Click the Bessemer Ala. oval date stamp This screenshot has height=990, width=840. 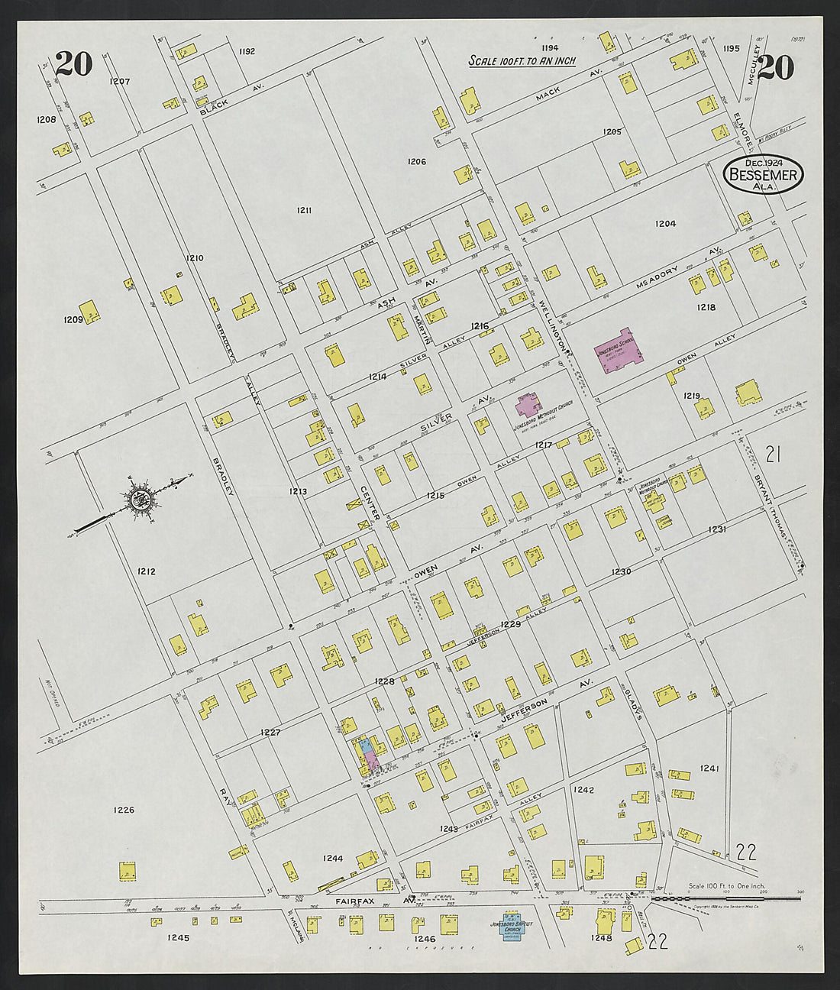[763, 174]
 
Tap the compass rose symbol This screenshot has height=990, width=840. [141, 501]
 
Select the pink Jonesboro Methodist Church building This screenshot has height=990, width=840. [528, 406]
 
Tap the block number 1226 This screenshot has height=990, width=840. [124, 810]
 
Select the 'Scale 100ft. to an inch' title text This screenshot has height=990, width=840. [522, 61]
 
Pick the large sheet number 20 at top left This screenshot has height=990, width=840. [73, 64]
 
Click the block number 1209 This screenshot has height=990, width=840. [73, 319]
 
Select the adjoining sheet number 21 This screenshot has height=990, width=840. [773, 455]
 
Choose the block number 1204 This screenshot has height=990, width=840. [665, 224]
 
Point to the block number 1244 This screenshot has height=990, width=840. [333, 858]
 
